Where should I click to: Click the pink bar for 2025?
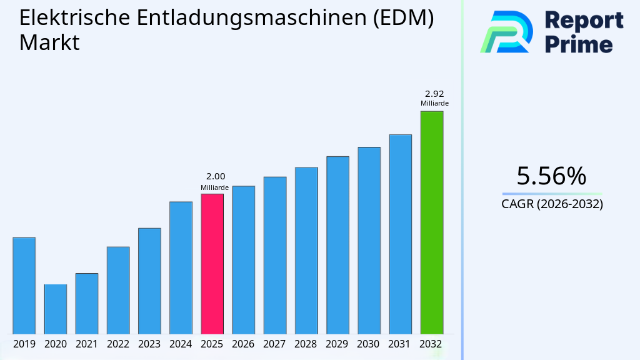point(212,264)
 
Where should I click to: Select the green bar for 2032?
point(431,222)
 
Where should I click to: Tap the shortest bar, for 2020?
point(56,309)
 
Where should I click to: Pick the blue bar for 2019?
point(24,286)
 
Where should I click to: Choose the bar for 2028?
point(306,251)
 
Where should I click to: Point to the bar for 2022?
point(118,290)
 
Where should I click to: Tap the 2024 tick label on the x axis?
point(181,344)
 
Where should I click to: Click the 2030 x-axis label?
point(369,344)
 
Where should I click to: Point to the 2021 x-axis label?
point(87,344)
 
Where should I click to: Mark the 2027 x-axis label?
point(275,344)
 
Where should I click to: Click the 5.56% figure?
point(551,176)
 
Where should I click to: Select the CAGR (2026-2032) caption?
point(552,204)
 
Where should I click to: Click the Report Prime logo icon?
point(506,32)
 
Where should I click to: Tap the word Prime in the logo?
point(579,44)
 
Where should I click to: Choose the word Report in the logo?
point(584,20)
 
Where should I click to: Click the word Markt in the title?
point(49,43)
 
